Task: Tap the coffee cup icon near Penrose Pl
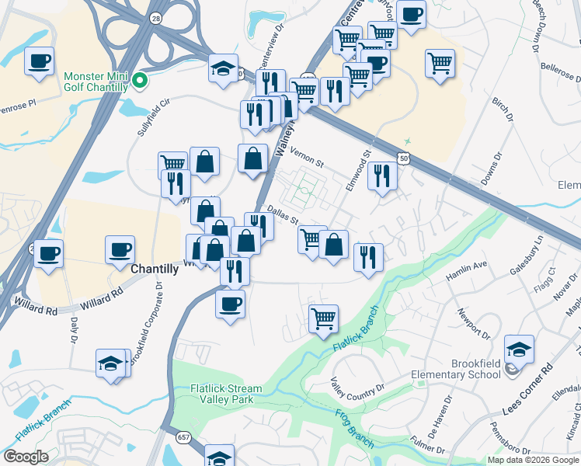point(39,61)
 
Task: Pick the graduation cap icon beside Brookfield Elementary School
point(519,349)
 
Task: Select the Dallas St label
point(284,214)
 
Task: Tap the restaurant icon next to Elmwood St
point(382,176)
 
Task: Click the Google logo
point(26,457)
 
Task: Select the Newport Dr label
point(474,325)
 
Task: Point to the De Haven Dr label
point(440,423)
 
